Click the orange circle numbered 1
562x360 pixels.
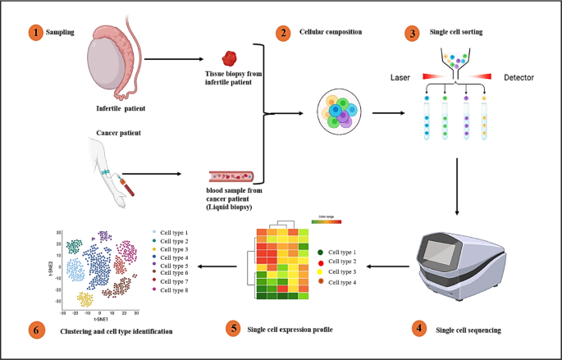(35, 33)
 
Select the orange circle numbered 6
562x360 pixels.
(35, 330)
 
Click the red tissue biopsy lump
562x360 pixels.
(231, 59)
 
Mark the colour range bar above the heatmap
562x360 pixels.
(322, 221)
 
